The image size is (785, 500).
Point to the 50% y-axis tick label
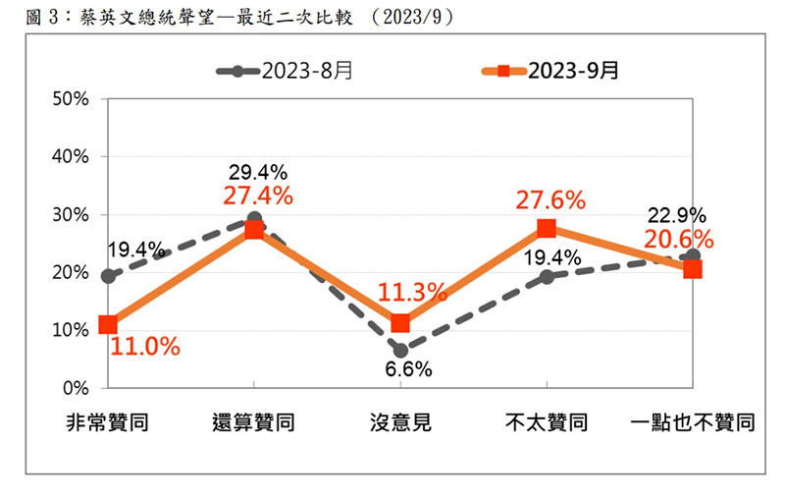pyautogui.click(x=72, y=99)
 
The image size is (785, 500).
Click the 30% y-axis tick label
pyautogui.click(x=72, y=215)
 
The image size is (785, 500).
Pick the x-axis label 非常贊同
pyautogui.click(x=107, y=423)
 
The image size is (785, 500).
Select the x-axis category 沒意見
pyautogui.click(x=400, y=423)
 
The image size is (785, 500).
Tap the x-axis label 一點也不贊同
pyautogui.click(x=693, y=423)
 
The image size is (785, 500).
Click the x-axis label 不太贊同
pyautogui.click(x=547, y=423)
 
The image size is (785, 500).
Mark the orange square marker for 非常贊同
pyautogui.click(x=108, y=324)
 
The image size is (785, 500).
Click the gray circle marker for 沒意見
pyautogui.click(x=400, y=350)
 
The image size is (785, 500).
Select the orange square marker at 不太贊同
pyautogui.click(x=547, y=229)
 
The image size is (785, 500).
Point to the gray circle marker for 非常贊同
pyautogui.click(x=108, y=276)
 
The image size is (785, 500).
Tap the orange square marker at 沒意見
pyautogui.click(x=400, y=323)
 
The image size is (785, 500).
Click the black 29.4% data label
pyautogui.click(x=257, y=173)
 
